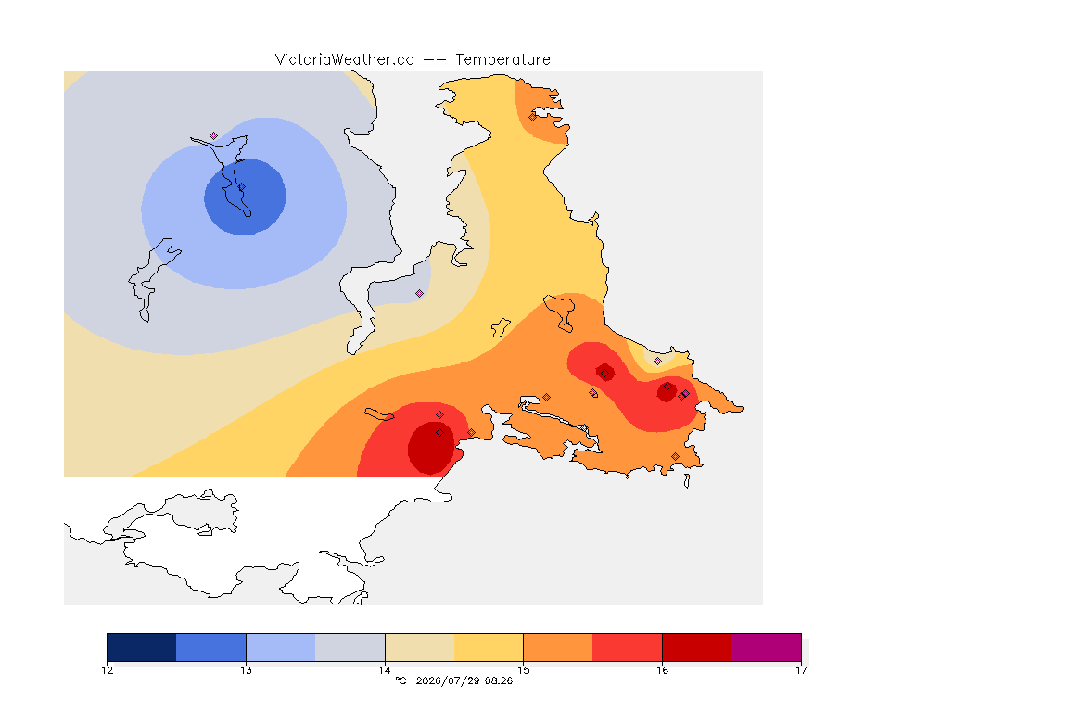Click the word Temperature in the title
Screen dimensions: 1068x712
[x=502, y=60]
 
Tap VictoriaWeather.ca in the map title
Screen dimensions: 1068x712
[x=345, y=60]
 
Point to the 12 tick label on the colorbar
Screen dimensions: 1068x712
[x=108, y=670]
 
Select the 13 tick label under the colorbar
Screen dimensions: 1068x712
[x=246, y=670]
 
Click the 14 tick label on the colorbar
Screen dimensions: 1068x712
[x=385, y=670]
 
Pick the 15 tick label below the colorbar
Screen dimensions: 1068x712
[x=523, y=670]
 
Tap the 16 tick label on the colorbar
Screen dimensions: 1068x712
[x=662, y=670]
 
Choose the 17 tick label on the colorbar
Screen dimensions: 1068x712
[x=801, y=670]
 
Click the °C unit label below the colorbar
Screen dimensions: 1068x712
[x=400, y=680]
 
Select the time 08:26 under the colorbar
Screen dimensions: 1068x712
[x=499, y=680]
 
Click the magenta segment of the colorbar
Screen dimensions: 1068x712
[x=767, y=647]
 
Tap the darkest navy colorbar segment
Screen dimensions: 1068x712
[x=142, y=647]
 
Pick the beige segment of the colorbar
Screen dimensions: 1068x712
[x=420, y=647]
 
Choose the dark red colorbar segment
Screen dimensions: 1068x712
[x=697, y=647]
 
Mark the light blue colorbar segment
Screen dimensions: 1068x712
[x=281, y=647]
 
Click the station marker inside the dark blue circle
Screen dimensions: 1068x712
[x=241, y=186]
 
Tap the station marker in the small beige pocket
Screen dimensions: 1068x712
[x=657, y=362]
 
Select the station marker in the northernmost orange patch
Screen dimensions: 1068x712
[x=532, y=117]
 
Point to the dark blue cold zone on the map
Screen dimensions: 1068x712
[x=245, y=197]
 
